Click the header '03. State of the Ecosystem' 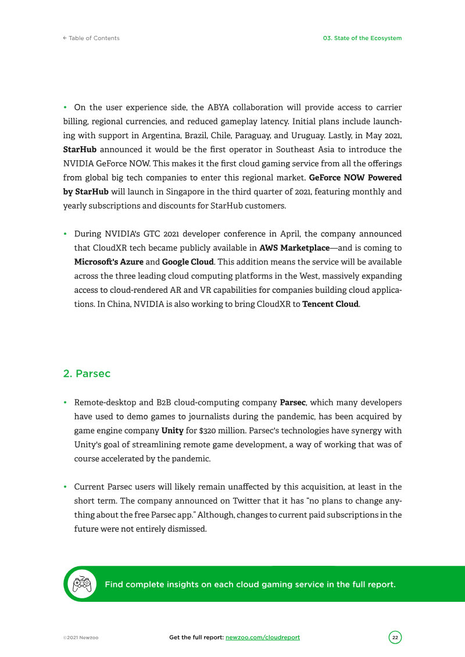[x=362, y=38]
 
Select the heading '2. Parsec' [x=87, y=374]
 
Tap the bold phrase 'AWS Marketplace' [x=294, y=248]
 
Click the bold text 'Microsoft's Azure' [x=109, y=262]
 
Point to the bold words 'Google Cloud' [x=188, y=262]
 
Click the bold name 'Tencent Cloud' [x=330, y=304]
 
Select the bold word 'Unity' [x=172, y=431]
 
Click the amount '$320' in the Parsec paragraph [x=209, y=431]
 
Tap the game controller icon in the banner [x=81, y=584]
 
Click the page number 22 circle [x=395, y=637]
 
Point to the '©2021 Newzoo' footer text [x=81, y=638]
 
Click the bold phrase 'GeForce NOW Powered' [x=355, y=178]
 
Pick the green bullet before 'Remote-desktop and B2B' [x=66, y=403]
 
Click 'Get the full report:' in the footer [x=196, y=637]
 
